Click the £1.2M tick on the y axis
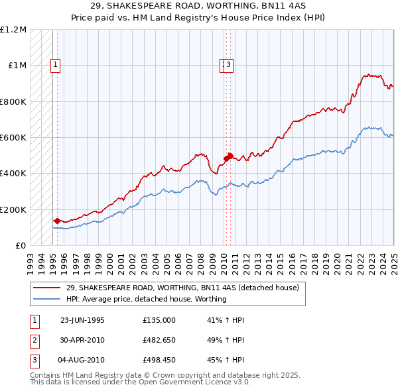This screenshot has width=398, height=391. point(13,30)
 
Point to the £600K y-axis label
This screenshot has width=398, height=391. point(13,138)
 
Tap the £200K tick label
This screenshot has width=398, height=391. point(13,209)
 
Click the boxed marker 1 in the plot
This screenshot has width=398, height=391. point(54,65)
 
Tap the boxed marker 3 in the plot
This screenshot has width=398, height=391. point(228,65)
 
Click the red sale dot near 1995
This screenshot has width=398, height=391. point(57,221)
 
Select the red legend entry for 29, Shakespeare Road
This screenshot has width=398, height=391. point(183,288)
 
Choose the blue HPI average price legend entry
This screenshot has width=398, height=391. point(146,299)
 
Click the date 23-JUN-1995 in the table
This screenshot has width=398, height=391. point(82,319)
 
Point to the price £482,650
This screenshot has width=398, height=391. point(159,340)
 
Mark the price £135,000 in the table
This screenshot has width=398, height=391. point(159,319)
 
